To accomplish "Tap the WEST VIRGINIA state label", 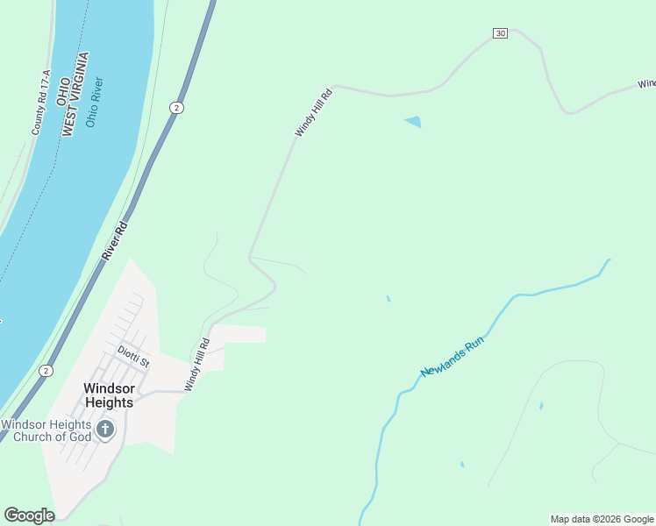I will click(76, 93).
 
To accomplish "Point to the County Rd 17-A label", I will click(39, 103).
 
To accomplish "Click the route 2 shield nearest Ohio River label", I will click(176, 107).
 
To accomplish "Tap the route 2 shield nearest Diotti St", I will click(45, 371).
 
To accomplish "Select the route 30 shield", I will click(500, 33).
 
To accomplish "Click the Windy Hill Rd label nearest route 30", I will click(313, 112).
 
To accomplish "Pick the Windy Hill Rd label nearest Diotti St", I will click(197, 365).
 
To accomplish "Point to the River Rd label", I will click(114, 239).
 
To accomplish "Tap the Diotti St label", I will click(133, 355).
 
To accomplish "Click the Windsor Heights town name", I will click(108, 394).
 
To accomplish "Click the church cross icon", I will click(105, 430).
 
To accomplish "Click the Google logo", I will click(29, 515).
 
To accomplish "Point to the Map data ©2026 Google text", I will click(602, 519).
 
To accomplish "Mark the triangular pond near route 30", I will click(413, 122).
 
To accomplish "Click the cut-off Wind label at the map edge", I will click(646, 84).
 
